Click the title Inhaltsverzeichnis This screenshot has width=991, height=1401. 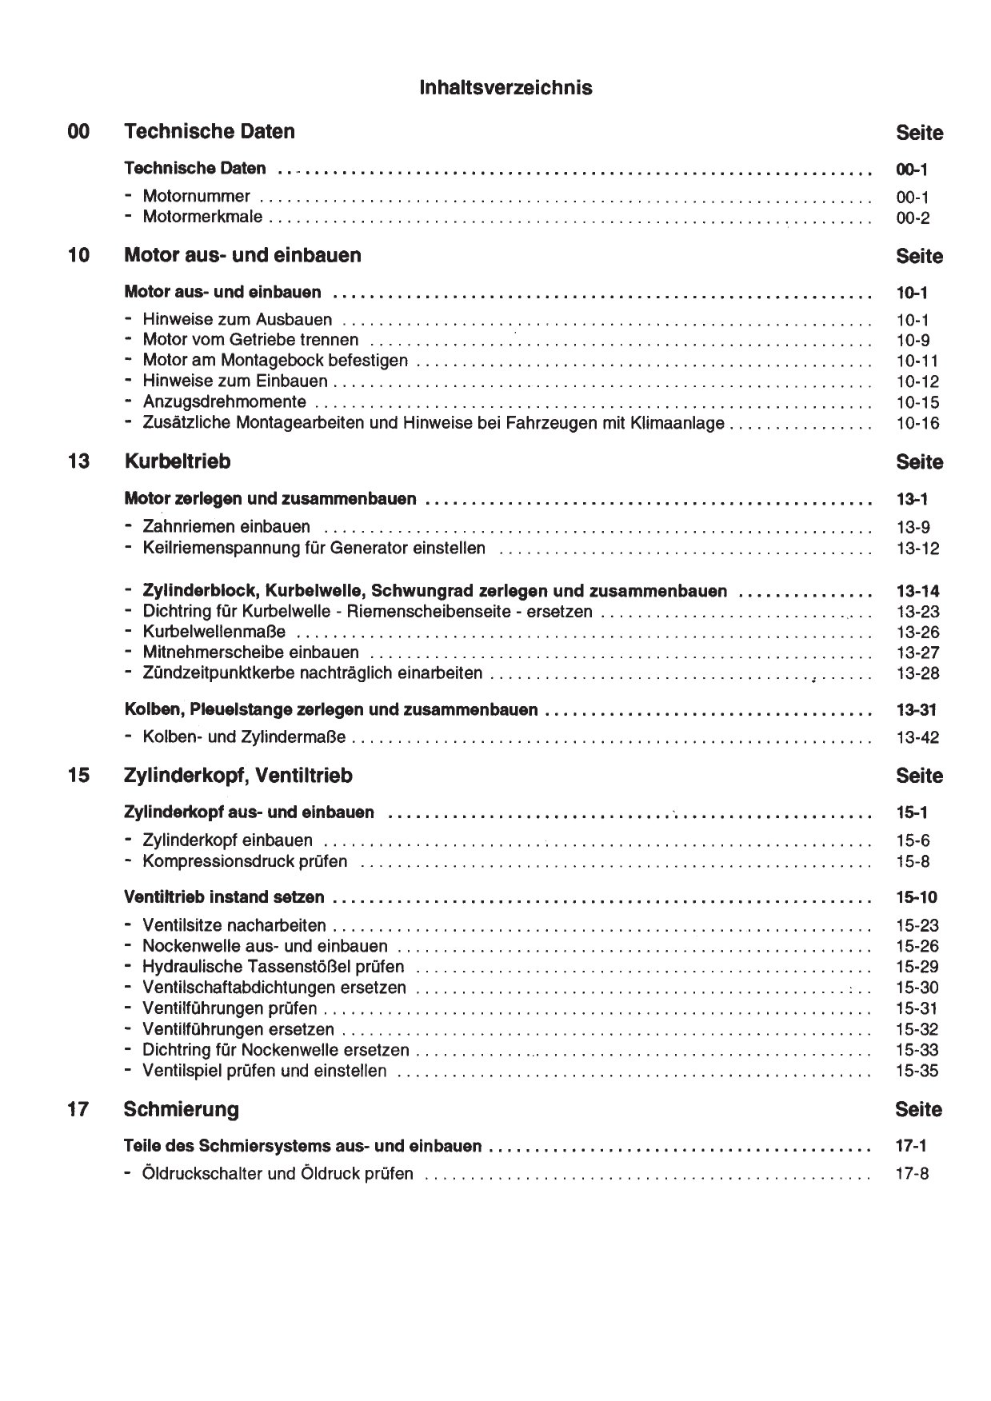(x=505, y=88)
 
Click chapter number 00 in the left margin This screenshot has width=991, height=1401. (x=79, y=132)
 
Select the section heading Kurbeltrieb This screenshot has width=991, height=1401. (x=178, y=461)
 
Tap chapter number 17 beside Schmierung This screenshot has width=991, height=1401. (x=78, y=1109)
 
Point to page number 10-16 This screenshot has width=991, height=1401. (x=917, y=424)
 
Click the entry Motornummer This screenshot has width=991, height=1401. (x=196, y=197)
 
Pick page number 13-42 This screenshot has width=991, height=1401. (x=917, y=738)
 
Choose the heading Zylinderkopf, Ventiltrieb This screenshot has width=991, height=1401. (x=238, y=776)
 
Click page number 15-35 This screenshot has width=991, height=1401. (x=917, y=1072)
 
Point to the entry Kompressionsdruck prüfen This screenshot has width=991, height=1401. (x=245, y=862)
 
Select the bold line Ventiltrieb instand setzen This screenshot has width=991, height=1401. (x=225, y=898)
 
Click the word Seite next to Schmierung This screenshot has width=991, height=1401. (x=919, y=1110)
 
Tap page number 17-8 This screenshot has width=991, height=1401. (x=913, y=1175)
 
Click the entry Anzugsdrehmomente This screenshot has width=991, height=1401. (x=224, y=402)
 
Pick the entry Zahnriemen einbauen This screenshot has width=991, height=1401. (x=226, y=527)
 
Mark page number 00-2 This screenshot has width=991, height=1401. (x=913, y=218)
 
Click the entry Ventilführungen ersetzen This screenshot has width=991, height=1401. (x=238, y=1030)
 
